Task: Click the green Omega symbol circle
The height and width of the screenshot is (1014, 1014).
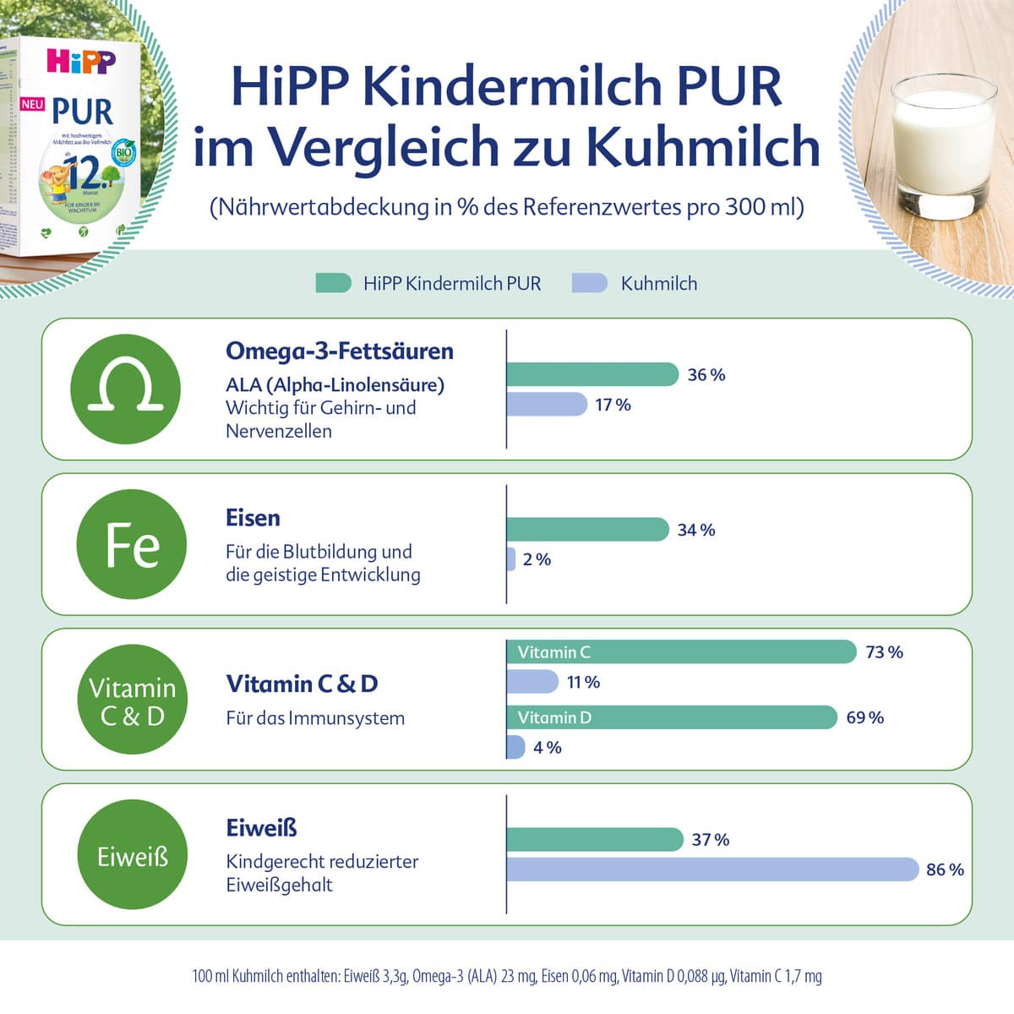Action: [x=126, y=389]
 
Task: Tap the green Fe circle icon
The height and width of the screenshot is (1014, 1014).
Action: [x=132, y=544]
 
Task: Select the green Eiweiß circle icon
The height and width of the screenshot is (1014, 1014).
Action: [x=132, y=856]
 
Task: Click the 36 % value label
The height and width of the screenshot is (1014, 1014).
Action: [x=706, y=375]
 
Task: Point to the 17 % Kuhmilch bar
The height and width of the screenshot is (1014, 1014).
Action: [x=546, y=405]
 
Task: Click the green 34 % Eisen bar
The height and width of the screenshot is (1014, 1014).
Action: [x=587, y=530]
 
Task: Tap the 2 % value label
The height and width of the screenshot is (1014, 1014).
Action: [x=537, y=559]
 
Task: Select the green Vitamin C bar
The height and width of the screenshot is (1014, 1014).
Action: [x=681, y=652]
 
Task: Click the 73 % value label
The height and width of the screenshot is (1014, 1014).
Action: [x=884, y=652]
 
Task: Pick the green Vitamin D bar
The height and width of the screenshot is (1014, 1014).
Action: [x=672, y=717]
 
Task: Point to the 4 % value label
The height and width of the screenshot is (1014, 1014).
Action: [x=548, y=748]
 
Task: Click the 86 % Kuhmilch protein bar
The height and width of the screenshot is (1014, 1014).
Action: [x=712, y=870]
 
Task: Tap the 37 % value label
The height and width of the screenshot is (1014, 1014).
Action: [x=710, y=840]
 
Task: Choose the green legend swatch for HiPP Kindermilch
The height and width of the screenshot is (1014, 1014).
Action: [x=333, y=283]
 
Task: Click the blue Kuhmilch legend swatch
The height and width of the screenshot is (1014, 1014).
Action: [x=589, y=283]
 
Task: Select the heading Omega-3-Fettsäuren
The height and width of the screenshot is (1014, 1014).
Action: [x=340, y=351]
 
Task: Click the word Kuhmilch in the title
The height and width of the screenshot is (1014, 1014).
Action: [x=703, y=146]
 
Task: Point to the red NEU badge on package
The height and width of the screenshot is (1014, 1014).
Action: [x=32, y=105]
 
